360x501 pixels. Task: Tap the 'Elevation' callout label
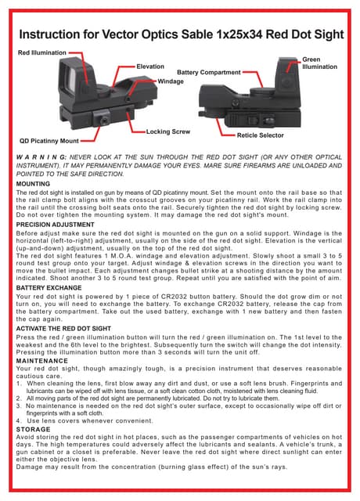tap(150, 67)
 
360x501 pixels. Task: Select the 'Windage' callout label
tap(171, 81)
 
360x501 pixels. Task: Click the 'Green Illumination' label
tap(319, 63)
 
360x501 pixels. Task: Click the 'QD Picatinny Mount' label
tap(49, 140)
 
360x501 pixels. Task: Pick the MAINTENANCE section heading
tap(40, 359)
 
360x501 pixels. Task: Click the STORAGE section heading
tap(33, 429)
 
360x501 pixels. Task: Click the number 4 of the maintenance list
tap(18, 420)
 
